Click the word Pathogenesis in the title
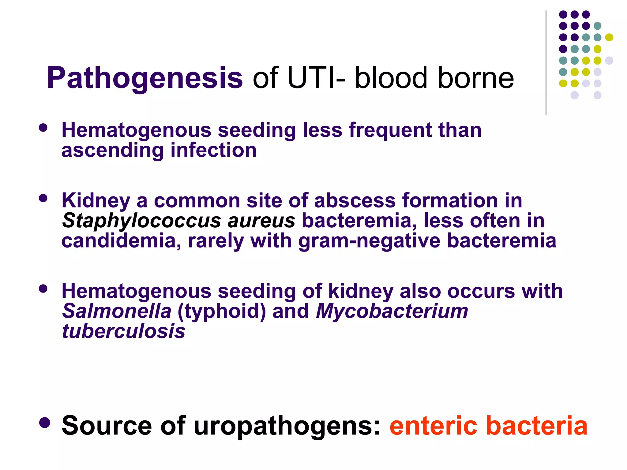(x=145, y=78)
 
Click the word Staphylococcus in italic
(x=141, y=221)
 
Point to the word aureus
(x=261, y=221)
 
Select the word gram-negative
(x=369, y=241)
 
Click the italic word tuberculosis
(x=123, y=331)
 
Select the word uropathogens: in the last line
(x=287, y=426)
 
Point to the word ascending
(x=113, y=151)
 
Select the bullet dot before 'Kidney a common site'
(x=43, y=198)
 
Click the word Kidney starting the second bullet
(x=96, y=201)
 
